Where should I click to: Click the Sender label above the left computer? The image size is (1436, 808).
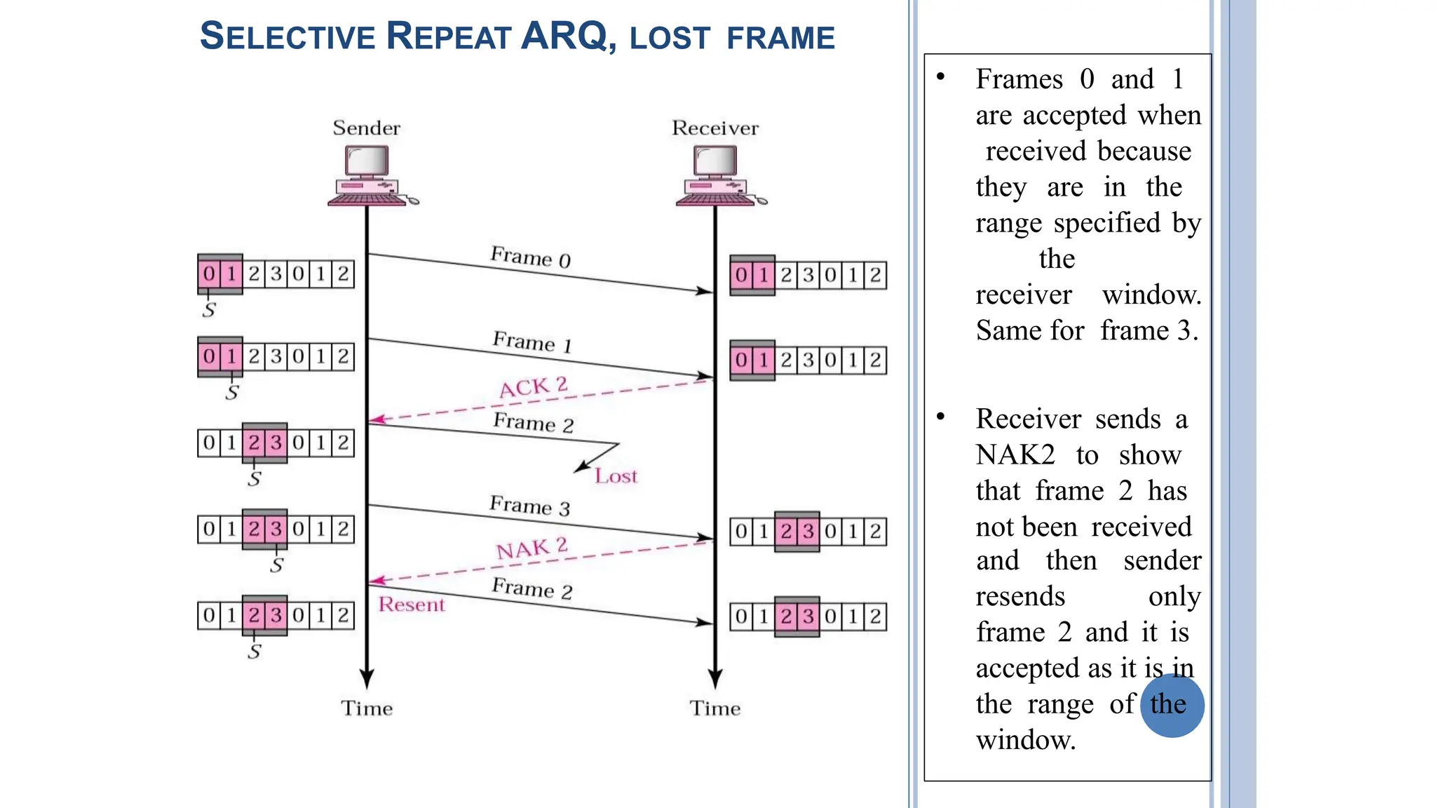(x=366, y=128)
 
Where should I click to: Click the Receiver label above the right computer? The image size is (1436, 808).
(x=714, y=128)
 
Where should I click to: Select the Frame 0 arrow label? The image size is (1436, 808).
(x=530, y=257)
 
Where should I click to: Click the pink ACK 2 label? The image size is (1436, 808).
(x=533, y=386)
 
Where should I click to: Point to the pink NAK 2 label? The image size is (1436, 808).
(x=531, y=548)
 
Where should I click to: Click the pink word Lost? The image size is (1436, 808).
(x=616, y=476)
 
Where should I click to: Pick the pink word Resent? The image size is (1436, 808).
(x=412, y=605)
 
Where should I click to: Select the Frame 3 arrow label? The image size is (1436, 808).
(x=529, y=506)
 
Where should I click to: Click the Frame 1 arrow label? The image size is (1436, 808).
(x=532, y=342)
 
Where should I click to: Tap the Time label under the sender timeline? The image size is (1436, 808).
(x=366, y=708)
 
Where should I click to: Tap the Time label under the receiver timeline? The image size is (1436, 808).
(x=714, y=708)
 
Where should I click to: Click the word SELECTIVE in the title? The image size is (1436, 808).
(x=287, y=36)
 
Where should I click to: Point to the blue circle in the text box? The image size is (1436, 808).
(x=1172, y=706)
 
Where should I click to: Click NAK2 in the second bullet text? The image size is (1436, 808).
(x=1015, y=455)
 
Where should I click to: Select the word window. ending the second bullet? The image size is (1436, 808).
(x=1026, y=740)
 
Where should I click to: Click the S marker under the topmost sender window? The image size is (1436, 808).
(x=209, y=310)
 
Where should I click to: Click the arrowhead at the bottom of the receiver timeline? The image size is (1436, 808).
(x=714, y=679)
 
